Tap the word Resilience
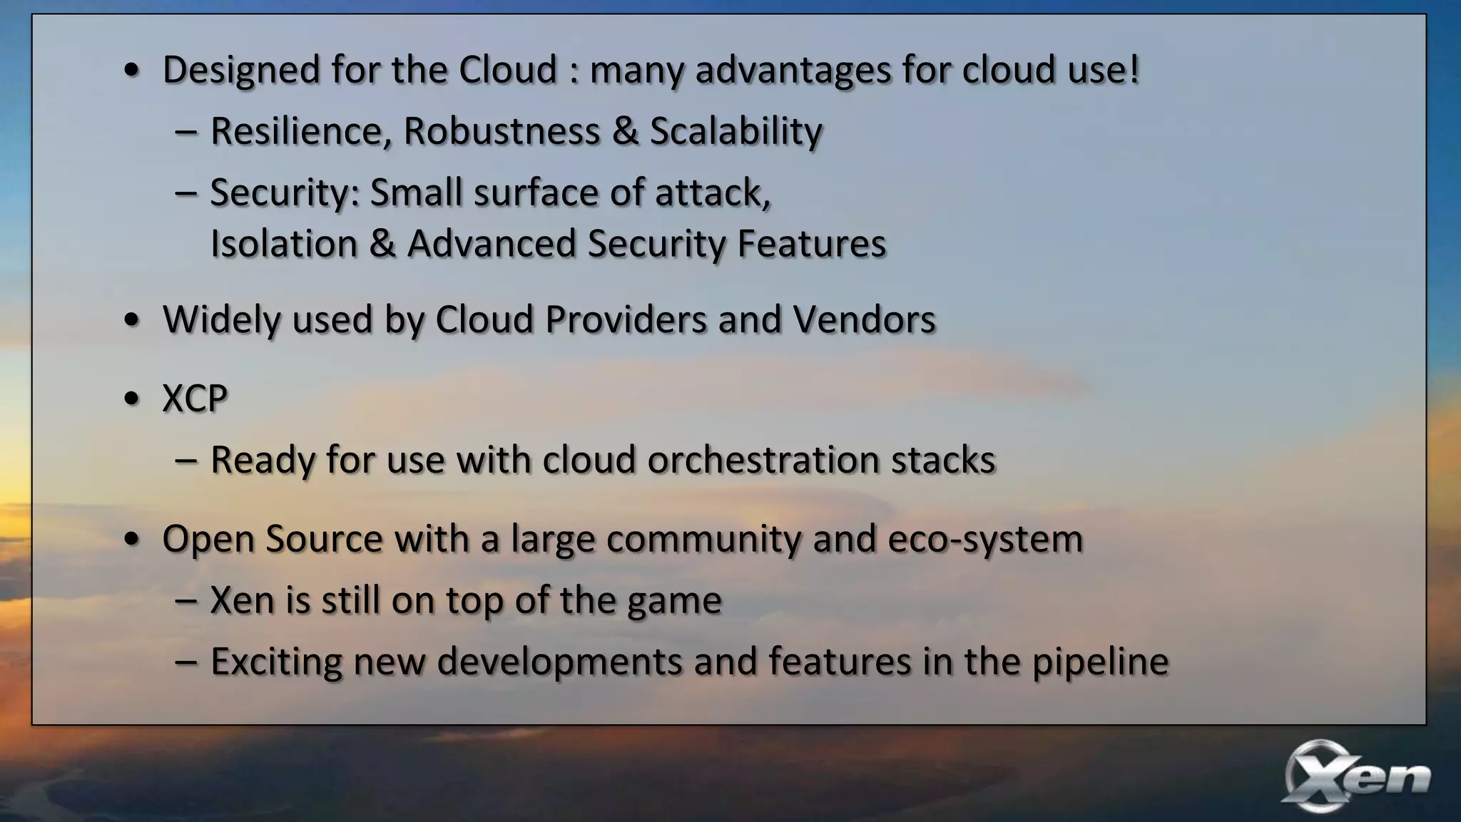coord(300,132)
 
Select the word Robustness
coord(502,132)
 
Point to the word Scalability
coord(735,132)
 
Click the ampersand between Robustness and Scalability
coord(625,132)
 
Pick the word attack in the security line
coord(712,193)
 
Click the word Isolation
coord(283,244)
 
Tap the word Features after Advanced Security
coord(811,244)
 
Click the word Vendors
coord(864,319)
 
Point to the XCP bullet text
coord(195,399)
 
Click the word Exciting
coord(276,662)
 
